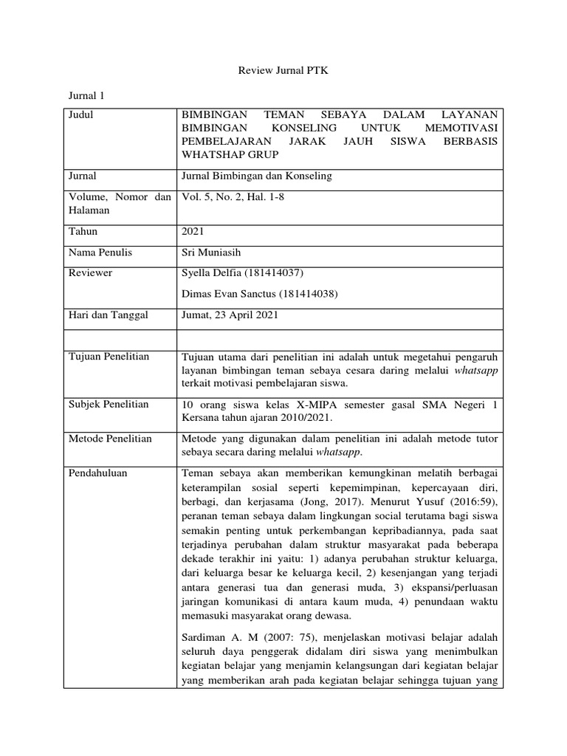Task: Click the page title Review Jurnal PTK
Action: point(283,71)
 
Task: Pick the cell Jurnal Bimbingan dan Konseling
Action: point(256,176)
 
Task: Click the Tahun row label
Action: point(83,231)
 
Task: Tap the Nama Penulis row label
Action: point(100,252)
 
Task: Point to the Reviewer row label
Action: point(90,273)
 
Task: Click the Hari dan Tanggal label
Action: point(108,315)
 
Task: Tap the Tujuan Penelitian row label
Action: point(108,357)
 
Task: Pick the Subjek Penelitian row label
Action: point(108,404)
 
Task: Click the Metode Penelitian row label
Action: point(109,439)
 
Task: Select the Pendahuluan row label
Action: point(97,473)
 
